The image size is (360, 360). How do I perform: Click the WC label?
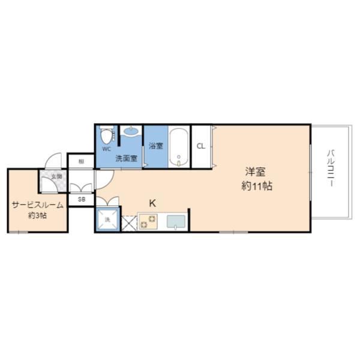click(106, 148)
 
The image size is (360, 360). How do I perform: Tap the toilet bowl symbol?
click(107, 134)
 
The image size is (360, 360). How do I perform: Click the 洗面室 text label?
click(127, 159)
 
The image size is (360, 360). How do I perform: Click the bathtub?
click(179, 146)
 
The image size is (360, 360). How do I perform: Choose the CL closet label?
click(201, 146)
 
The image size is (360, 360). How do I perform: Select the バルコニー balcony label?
click(331, 167)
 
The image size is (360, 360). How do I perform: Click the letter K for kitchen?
click(152, 203)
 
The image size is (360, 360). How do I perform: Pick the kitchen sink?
click(176, 222)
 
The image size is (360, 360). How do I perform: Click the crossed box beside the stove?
click(129, 223)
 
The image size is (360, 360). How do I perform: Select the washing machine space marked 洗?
click(108, 220)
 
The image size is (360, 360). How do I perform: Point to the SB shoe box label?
click(81, 199)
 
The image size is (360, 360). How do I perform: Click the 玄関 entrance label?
click(56, 176)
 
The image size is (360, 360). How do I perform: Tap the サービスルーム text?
click(37, 205)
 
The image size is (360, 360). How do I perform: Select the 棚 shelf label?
click(80, 161)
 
